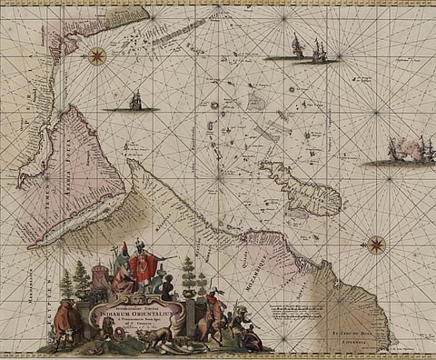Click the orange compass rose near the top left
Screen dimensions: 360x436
[96, 56]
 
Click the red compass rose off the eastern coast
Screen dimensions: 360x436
[375, 244]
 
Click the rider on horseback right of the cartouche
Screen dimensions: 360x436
[213, 312]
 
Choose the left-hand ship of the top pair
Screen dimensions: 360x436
[297, 46]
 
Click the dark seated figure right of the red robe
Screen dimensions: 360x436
[166, 288]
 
